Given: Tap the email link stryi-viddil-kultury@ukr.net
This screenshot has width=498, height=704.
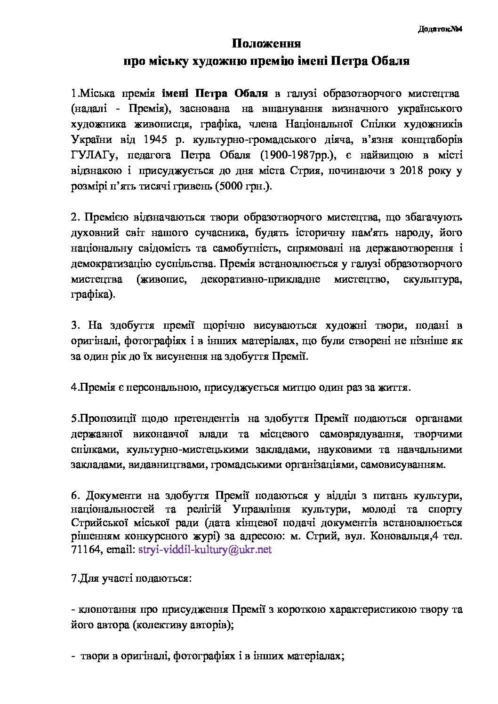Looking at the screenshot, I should [205, 549].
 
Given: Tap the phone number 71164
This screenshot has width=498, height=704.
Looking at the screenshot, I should [84, 549].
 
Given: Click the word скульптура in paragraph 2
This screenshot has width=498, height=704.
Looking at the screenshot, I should [432, 279].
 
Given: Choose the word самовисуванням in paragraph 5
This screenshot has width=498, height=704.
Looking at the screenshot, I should [406, 465].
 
